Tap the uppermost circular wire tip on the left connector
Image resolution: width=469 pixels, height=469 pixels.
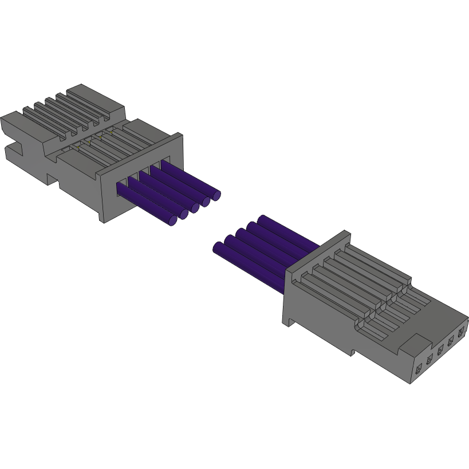216,195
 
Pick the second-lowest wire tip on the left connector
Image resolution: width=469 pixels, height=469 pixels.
184,214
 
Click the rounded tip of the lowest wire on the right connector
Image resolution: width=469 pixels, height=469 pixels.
218,247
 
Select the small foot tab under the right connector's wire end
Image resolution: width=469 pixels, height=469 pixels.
290,321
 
